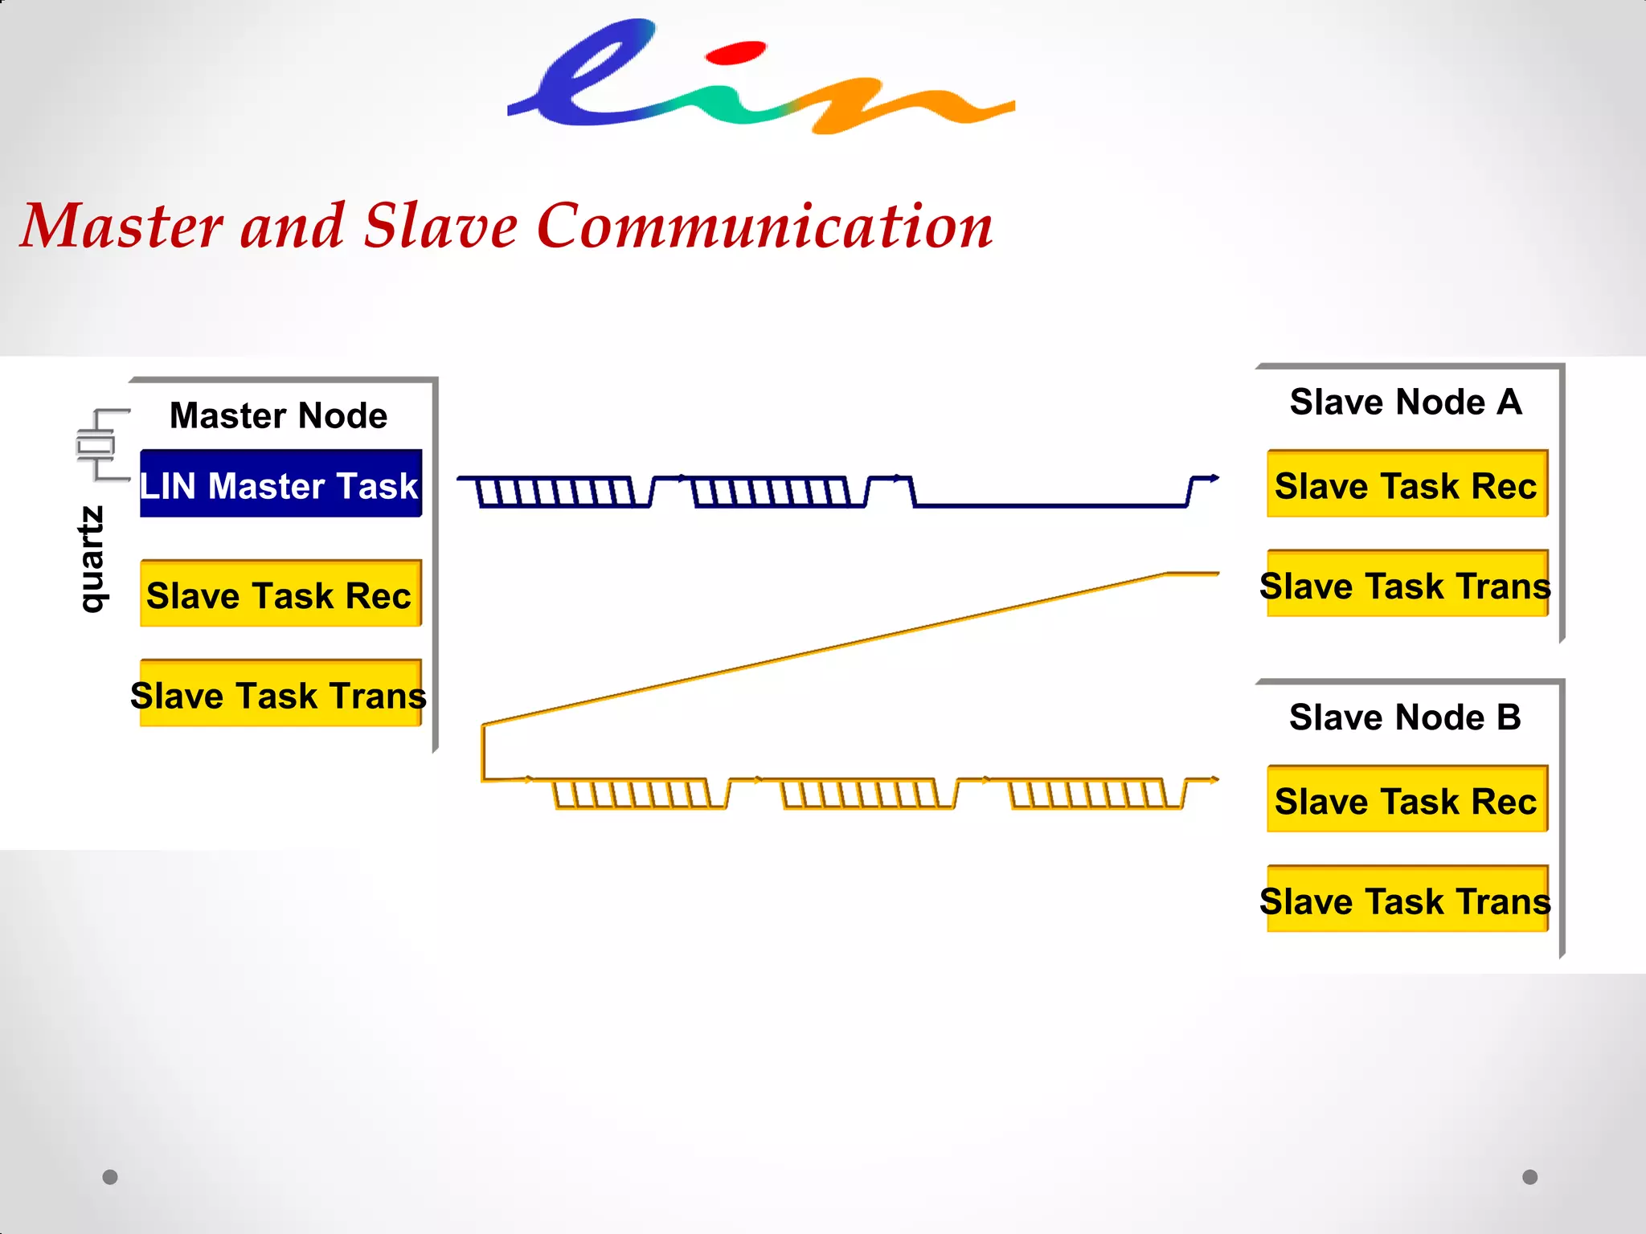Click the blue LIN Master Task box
[x=280, y=484]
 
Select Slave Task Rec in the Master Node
[x=280, y=595]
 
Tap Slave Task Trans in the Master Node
[x=280, y=694]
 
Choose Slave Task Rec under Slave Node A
[x=1406, y=484]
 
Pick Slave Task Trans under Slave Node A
[x=1406, y=584]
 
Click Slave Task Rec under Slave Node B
[x=1406, y=800]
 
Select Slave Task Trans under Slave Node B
[x=1406, y=900]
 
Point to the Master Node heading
[x=278, y=415]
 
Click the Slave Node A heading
[x=1406, y=402]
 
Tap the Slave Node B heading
[x=1405, y=717]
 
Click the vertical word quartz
[x=92, y=559]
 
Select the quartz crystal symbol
[x=96, y=445]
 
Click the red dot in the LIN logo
[x=735, y=53]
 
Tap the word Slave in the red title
[x=440, y=227]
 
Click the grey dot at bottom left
[x=110, y=1177]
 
